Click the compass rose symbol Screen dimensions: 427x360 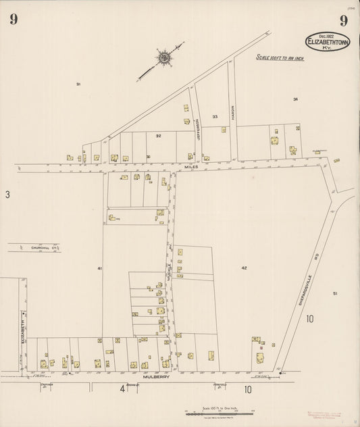point(163,57)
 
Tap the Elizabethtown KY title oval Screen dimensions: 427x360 point(328,42)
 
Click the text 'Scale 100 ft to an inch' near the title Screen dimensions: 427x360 point(280,58)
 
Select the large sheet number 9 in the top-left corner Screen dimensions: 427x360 point(14,20)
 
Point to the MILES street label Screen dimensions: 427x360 point(191,166)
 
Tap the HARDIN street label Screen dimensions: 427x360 point(232,113)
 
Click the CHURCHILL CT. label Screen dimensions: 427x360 point(45,248)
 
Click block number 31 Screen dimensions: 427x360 point(78,84)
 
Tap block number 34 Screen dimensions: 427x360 point(295,99)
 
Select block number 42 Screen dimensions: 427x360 point(244,268)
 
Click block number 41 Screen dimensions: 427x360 point(99,268)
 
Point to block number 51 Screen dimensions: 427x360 point(334,293)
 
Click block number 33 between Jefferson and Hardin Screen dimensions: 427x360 point(215,117)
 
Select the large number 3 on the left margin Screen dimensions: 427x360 point(7,195)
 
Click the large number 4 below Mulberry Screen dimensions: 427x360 point(123,389)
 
